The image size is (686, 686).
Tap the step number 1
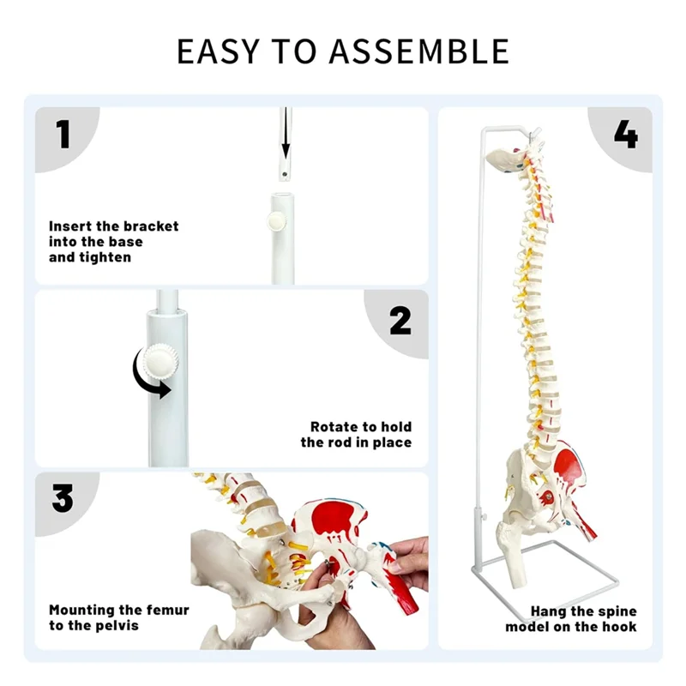63,135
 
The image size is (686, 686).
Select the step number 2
400,320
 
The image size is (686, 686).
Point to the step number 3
63,498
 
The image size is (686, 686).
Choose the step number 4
625,135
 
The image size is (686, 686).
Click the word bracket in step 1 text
151,226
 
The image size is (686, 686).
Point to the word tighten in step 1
105,257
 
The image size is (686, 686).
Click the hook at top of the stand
536,134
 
